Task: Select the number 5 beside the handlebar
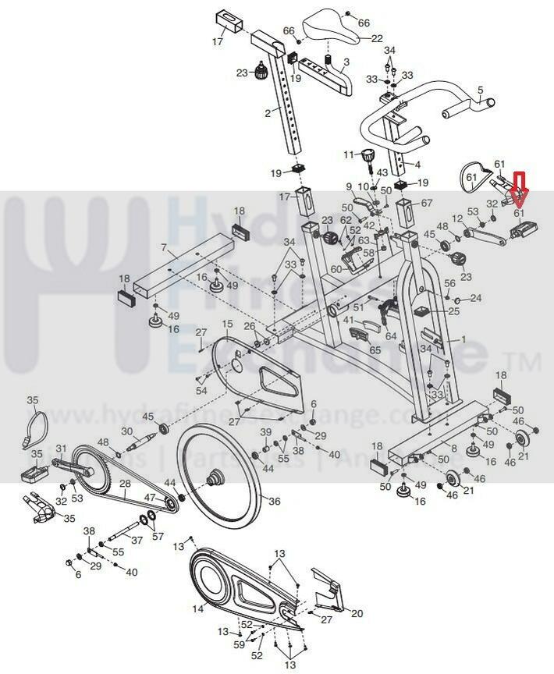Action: tap(481, 90)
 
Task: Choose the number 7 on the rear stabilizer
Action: tap(164, 248)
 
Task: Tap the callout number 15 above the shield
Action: tap(227, 324)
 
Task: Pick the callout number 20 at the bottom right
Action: tap(357, 614)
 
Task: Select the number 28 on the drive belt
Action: tap(125, 484)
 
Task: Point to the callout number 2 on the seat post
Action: tap(268, 113)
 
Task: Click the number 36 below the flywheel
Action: tap(274, 502)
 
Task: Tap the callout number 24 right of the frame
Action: tap(476, 298)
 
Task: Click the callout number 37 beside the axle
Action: tap(137, 540)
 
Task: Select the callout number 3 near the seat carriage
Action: tap(346, 61)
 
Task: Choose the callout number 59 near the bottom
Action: tap(240, 644)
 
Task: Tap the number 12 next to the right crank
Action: tap(457, 218)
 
